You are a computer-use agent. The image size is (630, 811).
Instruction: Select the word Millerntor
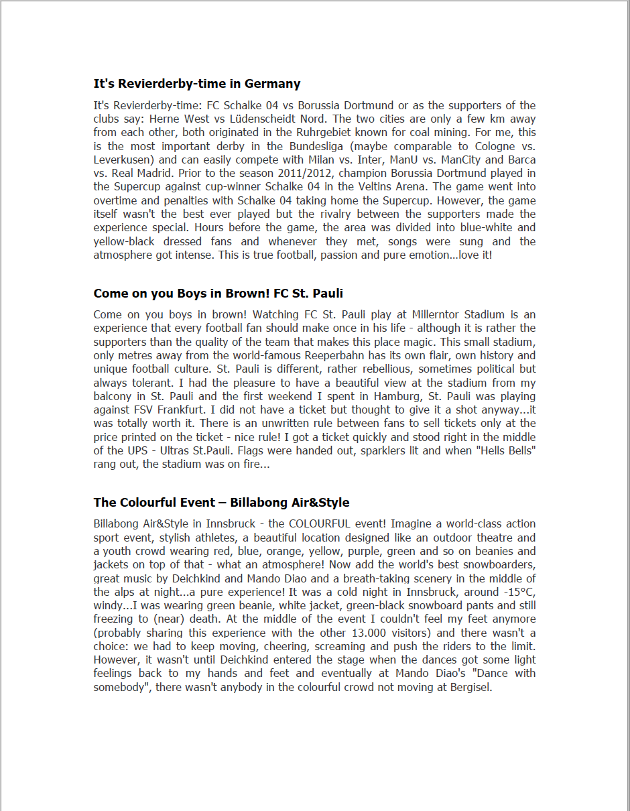(x=431, y=314)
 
